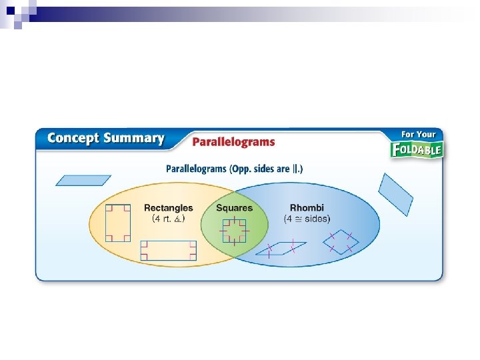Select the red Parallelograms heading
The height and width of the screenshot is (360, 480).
(233, 142)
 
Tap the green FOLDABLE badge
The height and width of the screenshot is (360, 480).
(417, 149)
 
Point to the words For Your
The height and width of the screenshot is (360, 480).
(419, 134)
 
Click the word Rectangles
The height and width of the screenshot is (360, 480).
(169, 208)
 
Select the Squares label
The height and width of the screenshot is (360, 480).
(234, 208)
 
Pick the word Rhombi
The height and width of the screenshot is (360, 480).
(307, 208)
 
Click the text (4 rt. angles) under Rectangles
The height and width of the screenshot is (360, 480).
(169, 218)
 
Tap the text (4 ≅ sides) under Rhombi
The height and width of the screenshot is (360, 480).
(307, 218)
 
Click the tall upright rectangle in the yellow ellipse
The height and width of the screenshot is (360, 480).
(118, 223)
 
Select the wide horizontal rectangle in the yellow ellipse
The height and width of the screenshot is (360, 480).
(169, 251)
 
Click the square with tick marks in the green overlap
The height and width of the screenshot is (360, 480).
(234, 231)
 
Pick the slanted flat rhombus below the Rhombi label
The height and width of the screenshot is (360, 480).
(283, 249)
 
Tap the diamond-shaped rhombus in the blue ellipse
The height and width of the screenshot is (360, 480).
(341, 241)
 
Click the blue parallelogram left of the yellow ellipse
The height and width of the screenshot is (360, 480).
(83, 180)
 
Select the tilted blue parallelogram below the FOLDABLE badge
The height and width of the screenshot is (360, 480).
(396, 194)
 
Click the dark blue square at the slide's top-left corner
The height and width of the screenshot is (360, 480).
(10, 10)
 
